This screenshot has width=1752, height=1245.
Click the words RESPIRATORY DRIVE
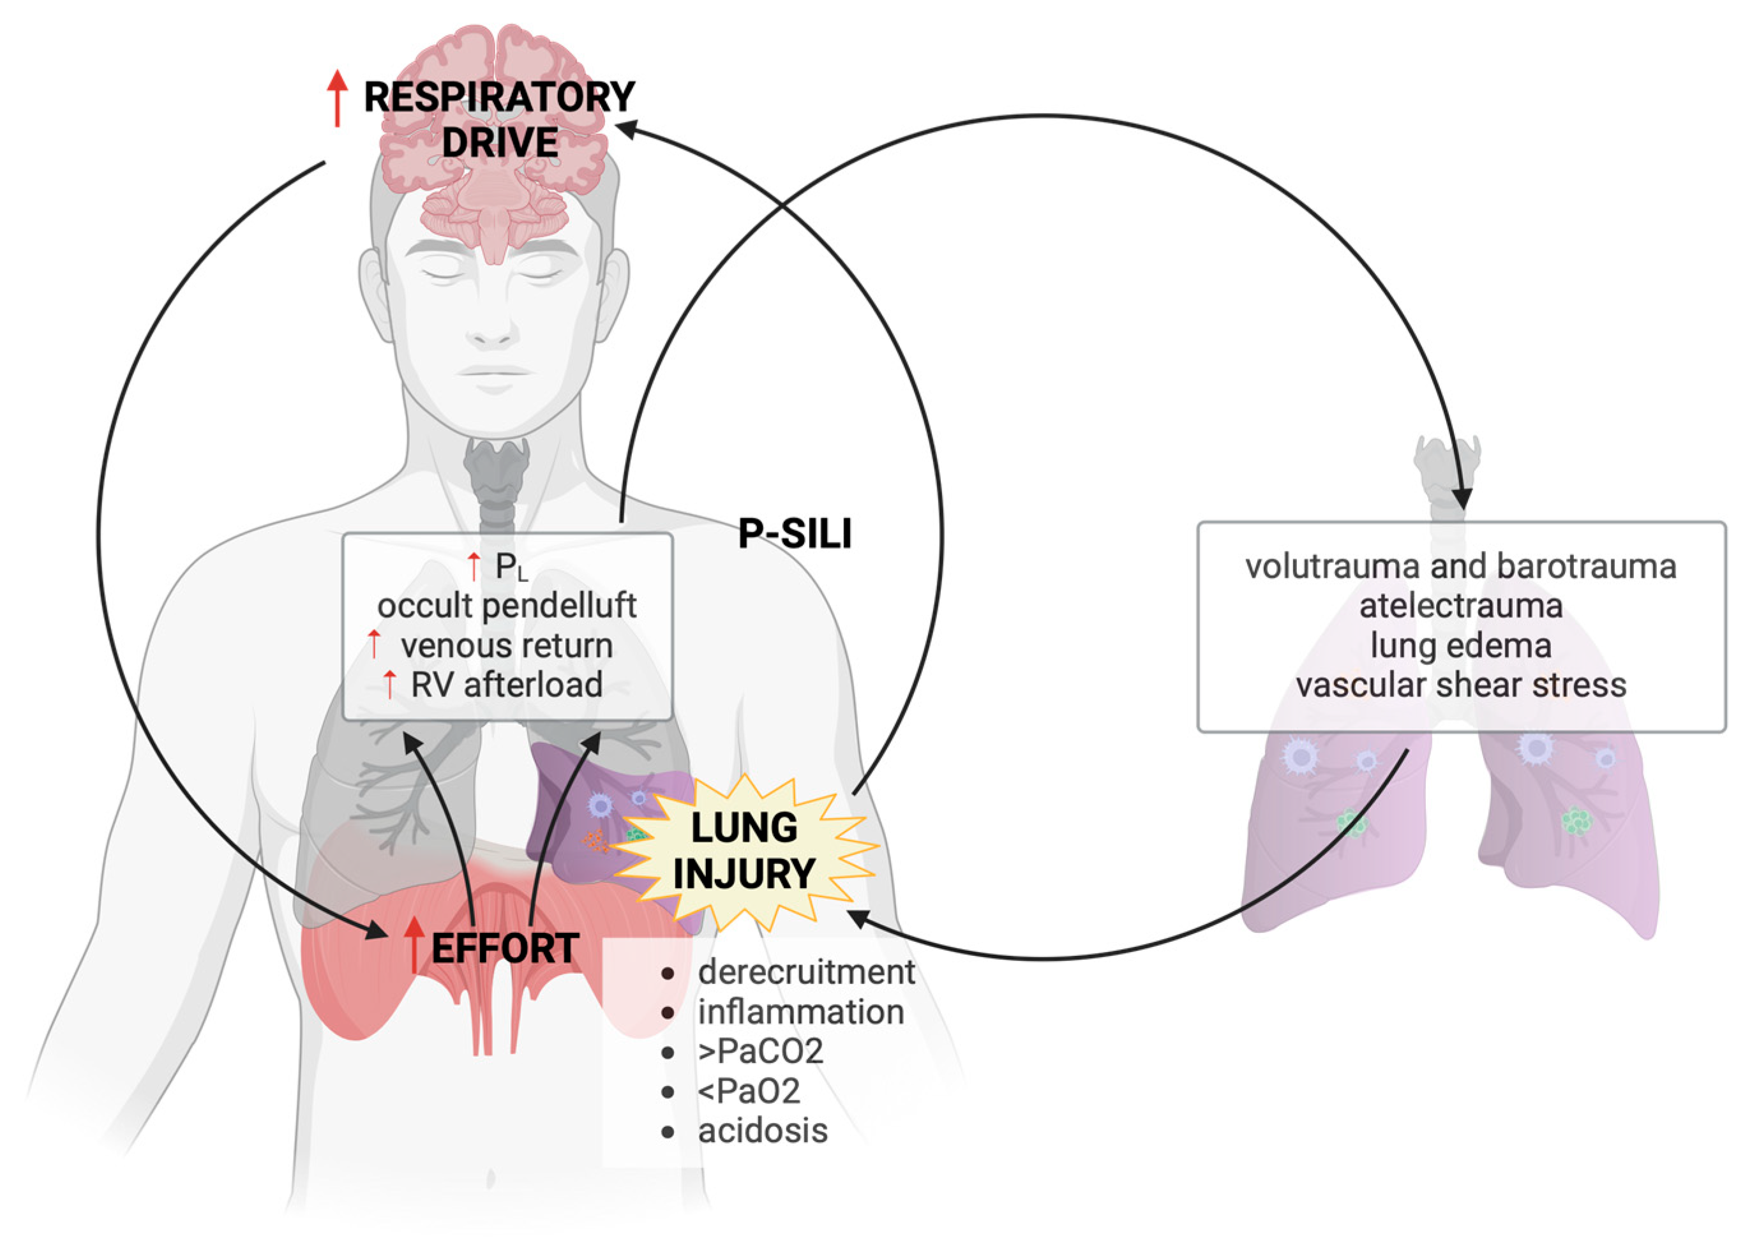tap(499, 119)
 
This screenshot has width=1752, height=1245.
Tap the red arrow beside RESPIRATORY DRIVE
tap(336, 98)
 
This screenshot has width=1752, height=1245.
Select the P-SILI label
tap(795, 533)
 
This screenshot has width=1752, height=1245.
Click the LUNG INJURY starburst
tap(744, 851)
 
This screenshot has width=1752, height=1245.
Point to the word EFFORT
tap(504, 948)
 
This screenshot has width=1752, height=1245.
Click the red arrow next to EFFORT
tap(414, 945)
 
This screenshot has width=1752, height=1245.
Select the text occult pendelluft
tap(507, 606)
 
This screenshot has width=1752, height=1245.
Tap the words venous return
tap(507, 646)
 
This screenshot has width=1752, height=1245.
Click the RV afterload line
tap(507, 685)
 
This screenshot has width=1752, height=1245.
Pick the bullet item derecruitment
tap(806, 972)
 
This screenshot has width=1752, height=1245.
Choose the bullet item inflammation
tap(800, 1012)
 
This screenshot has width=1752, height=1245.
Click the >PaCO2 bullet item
tap(760, 1051)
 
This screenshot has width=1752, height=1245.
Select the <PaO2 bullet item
tap(748, 1091)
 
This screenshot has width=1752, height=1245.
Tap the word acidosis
tap(762, 1131)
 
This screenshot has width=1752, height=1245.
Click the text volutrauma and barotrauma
tap(1461, 567)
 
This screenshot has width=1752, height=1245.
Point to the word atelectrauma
tap(1461, 606)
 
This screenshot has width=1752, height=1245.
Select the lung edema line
tap(1461, 646)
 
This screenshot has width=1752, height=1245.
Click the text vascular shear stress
tap(1461, 685)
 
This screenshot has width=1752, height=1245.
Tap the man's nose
tap(491, 322)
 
